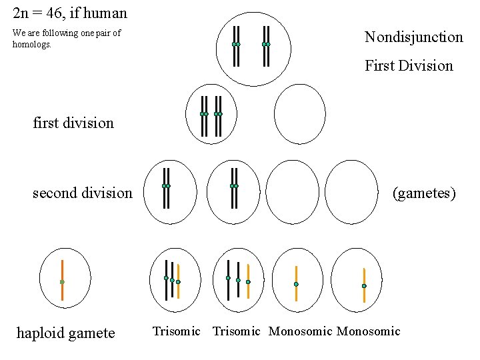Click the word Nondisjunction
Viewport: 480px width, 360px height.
point(413,37)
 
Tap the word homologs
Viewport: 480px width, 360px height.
point(31,45)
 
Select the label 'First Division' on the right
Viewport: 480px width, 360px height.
point(409,65)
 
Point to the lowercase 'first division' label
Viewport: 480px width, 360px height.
point(73,123)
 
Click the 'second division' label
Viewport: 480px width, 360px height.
point(83,193)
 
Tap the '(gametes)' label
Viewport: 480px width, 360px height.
point(424,193)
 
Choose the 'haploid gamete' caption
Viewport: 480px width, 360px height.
point(65,333)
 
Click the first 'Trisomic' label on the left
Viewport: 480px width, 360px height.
point(176,331)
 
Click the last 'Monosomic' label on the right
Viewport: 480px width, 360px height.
point(369,331)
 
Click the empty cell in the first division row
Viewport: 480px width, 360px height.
point(300,114)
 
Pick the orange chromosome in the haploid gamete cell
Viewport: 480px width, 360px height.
point(62,280)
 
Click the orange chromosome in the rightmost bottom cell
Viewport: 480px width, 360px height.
point(364,285)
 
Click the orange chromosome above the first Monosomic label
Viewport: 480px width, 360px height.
point(296,283)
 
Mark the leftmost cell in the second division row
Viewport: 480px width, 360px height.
point(171,192)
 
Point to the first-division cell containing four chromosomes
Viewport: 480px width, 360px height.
point(212,115)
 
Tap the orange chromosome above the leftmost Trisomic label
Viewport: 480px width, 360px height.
point(179,281)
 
